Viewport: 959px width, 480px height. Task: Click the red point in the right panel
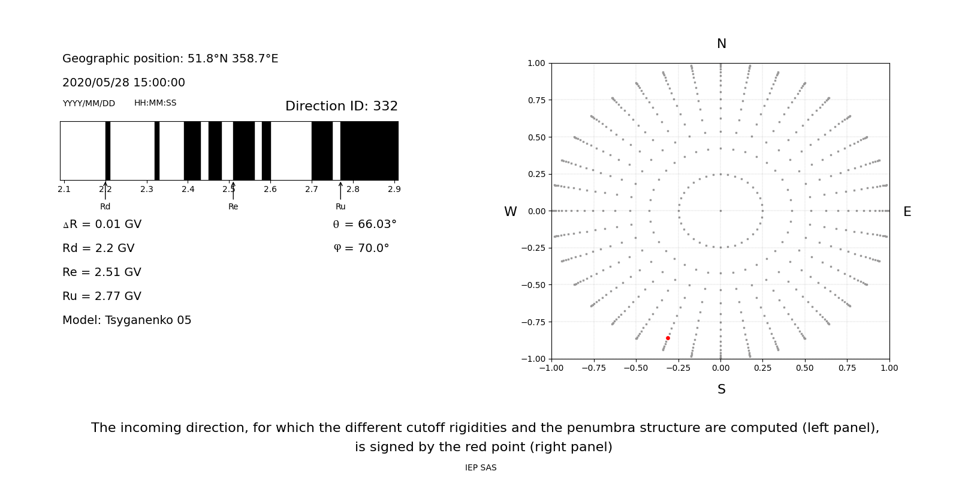point(668,338)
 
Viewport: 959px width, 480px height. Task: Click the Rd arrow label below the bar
point(105,206)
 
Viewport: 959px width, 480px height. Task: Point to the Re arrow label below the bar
point(233,206)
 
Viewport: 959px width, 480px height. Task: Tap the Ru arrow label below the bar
point(340,206)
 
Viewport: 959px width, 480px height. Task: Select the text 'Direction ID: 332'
point(341,106)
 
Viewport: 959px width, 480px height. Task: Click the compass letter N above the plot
point(721,44)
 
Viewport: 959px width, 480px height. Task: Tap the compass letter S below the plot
point(721,389)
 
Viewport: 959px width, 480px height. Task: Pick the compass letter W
point(510,212)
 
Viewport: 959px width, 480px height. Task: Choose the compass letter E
point(907,212)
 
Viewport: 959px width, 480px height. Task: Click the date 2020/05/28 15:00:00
point(123,83)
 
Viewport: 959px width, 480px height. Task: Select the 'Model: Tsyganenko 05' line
point(126,320)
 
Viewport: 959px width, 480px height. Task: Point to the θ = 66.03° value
point(364,224)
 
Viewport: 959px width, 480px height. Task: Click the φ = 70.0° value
point(361,248)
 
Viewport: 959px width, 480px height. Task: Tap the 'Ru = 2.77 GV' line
point(101,296)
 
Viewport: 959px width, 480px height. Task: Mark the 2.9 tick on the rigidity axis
point(394,189)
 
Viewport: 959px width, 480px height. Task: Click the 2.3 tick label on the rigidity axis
point(147,189)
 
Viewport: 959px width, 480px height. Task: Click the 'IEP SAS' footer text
point(480,467)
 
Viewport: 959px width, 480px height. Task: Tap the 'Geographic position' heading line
point(170,59)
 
